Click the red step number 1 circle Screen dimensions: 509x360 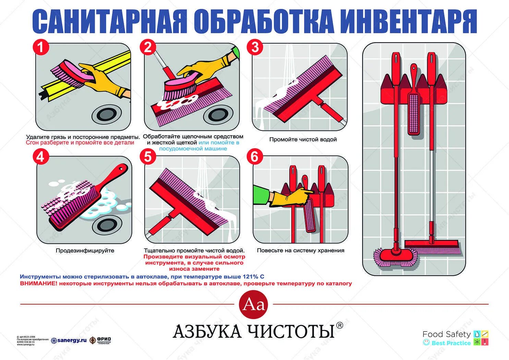click(x=41, y=47)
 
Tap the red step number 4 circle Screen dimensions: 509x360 click(x=41, y=157)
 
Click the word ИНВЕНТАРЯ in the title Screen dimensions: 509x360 click(x=410, y=21)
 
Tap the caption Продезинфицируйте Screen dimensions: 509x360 click(x=85, y=250)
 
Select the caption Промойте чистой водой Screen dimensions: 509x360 click(x=303, y=139)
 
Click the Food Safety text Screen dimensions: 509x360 click(x=446, y=334)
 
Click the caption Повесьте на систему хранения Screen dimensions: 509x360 click(x=301, y=250)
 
